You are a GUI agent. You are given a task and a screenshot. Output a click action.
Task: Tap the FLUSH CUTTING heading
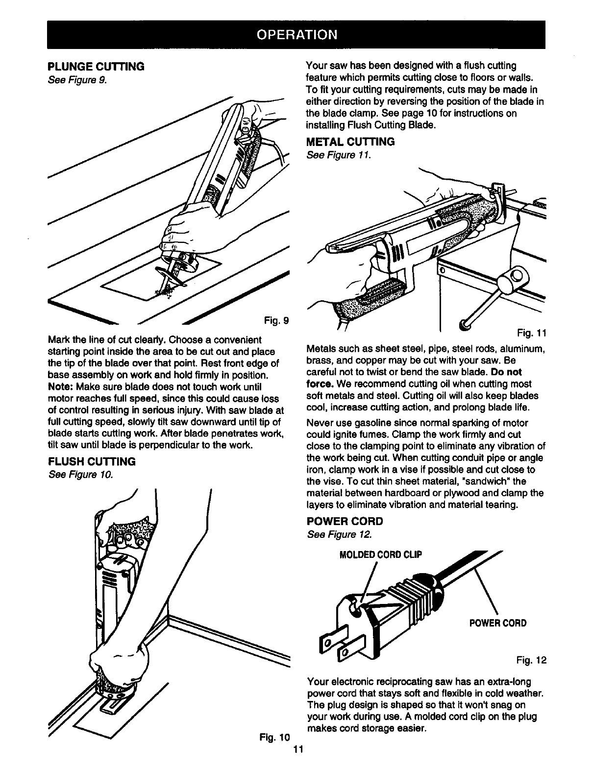(x=92, y=462)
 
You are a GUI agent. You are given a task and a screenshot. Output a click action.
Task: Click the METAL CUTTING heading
(x=350, y=143)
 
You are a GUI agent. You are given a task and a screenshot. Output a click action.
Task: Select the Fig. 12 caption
(x=532, y=661)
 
